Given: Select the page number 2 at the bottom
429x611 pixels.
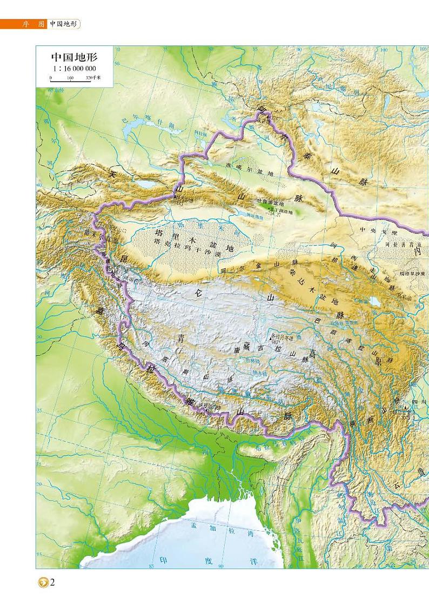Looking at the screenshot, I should coord(52,582).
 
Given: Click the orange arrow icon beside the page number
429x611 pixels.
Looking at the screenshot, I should coord(42,583).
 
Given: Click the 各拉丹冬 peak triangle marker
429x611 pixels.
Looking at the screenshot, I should coord(272,337).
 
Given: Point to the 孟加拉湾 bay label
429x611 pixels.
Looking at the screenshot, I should coord(222,528).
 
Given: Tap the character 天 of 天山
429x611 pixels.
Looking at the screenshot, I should coord(112,175).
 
